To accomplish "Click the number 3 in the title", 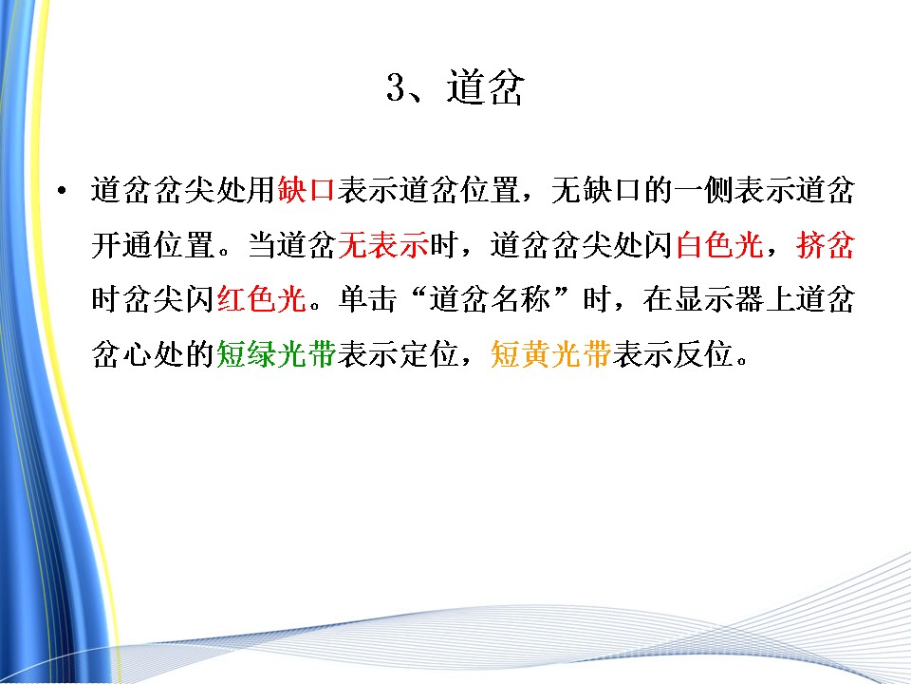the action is pos(396,88).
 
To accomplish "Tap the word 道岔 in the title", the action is pos(486,87).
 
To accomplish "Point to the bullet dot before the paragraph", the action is pos(63,190).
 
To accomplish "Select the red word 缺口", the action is pos(307,190).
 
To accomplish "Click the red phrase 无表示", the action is pos(383,244).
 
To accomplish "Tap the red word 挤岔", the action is pos(825,244).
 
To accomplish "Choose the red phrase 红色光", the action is pos(262,299).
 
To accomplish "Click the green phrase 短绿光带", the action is pos(276,353).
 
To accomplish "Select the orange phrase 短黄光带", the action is pos(550,353).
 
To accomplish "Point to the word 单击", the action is pos(368,299).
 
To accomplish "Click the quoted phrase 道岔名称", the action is pos(490,299).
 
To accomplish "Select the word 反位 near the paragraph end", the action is pos(703,353).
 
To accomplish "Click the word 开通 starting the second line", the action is pos(121,244).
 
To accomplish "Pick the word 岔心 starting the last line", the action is pos(121,353).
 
